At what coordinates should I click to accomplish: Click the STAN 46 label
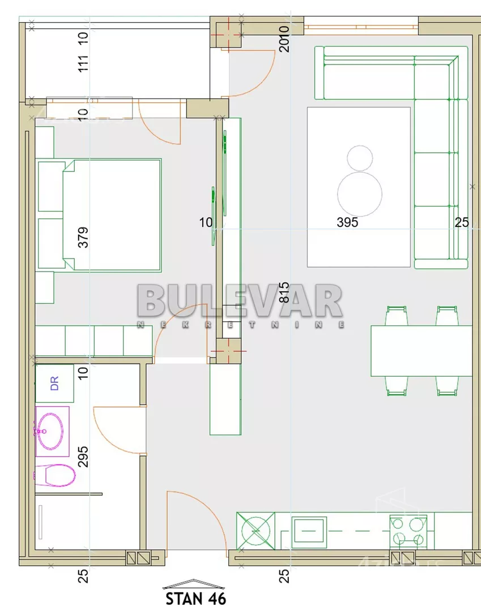coord(195,599)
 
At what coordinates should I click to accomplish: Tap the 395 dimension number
coord(347,222)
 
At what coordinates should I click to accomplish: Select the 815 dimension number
coord(284,292)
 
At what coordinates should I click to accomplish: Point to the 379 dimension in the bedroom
coord(83,237)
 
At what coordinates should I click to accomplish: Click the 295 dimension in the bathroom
coord(83,457)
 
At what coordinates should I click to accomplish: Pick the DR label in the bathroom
coord(54,383)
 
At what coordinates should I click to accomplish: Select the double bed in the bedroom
coord(112,215)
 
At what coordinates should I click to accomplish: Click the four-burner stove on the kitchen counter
coord(408,531)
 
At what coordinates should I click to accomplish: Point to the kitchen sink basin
coord(309,531)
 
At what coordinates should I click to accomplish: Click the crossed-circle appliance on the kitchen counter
coord(256,531)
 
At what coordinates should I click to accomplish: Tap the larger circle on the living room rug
coord(360,193)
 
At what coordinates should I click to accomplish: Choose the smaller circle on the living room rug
coord(360,158)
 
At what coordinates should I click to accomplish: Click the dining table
coord(422,351)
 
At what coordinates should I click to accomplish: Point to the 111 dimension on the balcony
coord(83,63)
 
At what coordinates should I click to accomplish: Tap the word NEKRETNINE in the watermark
coord(240,324)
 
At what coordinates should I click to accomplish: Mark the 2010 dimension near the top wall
coord(284,38)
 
